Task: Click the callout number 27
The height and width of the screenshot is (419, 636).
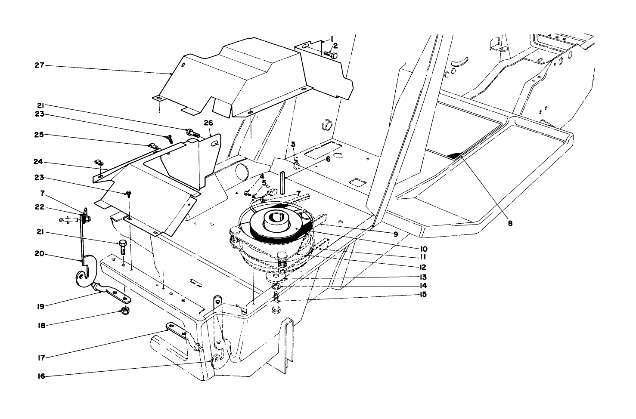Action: pos(39,65)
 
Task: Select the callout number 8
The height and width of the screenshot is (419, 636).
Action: pos(510,223)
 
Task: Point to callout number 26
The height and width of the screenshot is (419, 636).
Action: pos(208,123)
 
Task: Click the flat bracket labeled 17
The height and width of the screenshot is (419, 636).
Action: pos(175,329)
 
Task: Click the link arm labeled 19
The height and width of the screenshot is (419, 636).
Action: pos(113,293)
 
